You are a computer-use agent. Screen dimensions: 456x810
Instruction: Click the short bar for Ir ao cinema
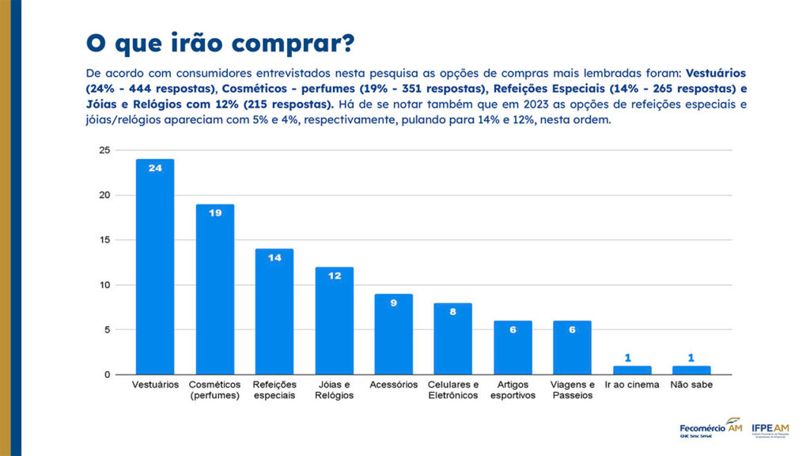coord(632,370)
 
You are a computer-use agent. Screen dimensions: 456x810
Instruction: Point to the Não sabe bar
coord(691,370)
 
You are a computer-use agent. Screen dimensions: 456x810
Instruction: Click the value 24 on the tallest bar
coord(155,168)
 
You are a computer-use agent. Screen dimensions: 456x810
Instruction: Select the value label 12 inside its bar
coord(334,275)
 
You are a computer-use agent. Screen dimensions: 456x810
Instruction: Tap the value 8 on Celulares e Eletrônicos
coord(452,311)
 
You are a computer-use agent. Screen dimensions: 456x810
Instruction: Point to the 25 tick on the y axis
coord(104,150)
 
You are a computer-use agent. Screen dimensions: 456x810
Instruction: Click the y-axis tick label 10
coord(104,285)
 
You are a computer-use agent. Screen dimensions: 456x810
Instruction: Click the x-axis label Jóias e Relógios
coord(334,389)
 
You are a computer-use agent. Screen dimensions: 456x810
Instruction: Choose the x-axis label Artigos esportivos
coord(513,389)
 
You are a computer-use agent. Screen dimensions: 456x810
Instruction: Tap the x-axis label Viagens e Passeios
coord(572,389)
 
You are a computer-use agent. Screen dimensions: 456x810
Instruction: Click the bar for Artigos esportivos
coord(513,348)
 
